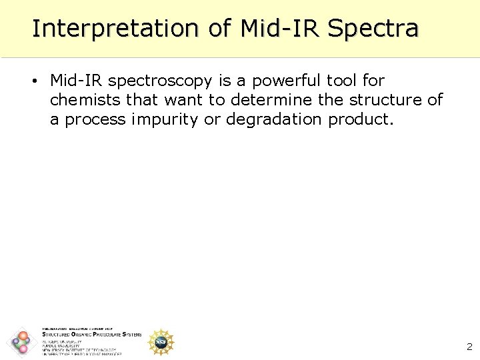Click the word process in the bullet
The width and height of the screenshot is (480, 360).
pyautogui.click(x=97, y=119)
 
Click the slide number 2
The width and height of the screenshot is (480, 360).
pyautogui.click(x=469, y=347)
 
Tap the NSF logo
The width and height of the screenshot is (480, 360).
pyautogui.click(x=160, y=342)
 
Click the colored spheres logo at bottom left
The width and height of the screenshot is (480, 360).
pyautogui.click(x=22, y=343)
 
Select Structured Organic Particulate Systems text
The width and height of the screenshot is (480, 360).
pyautogui.click(x=91, y=335)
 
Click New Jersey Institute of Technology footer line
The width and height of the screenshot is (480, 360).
pyautogui.click(x=78, y=350)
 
